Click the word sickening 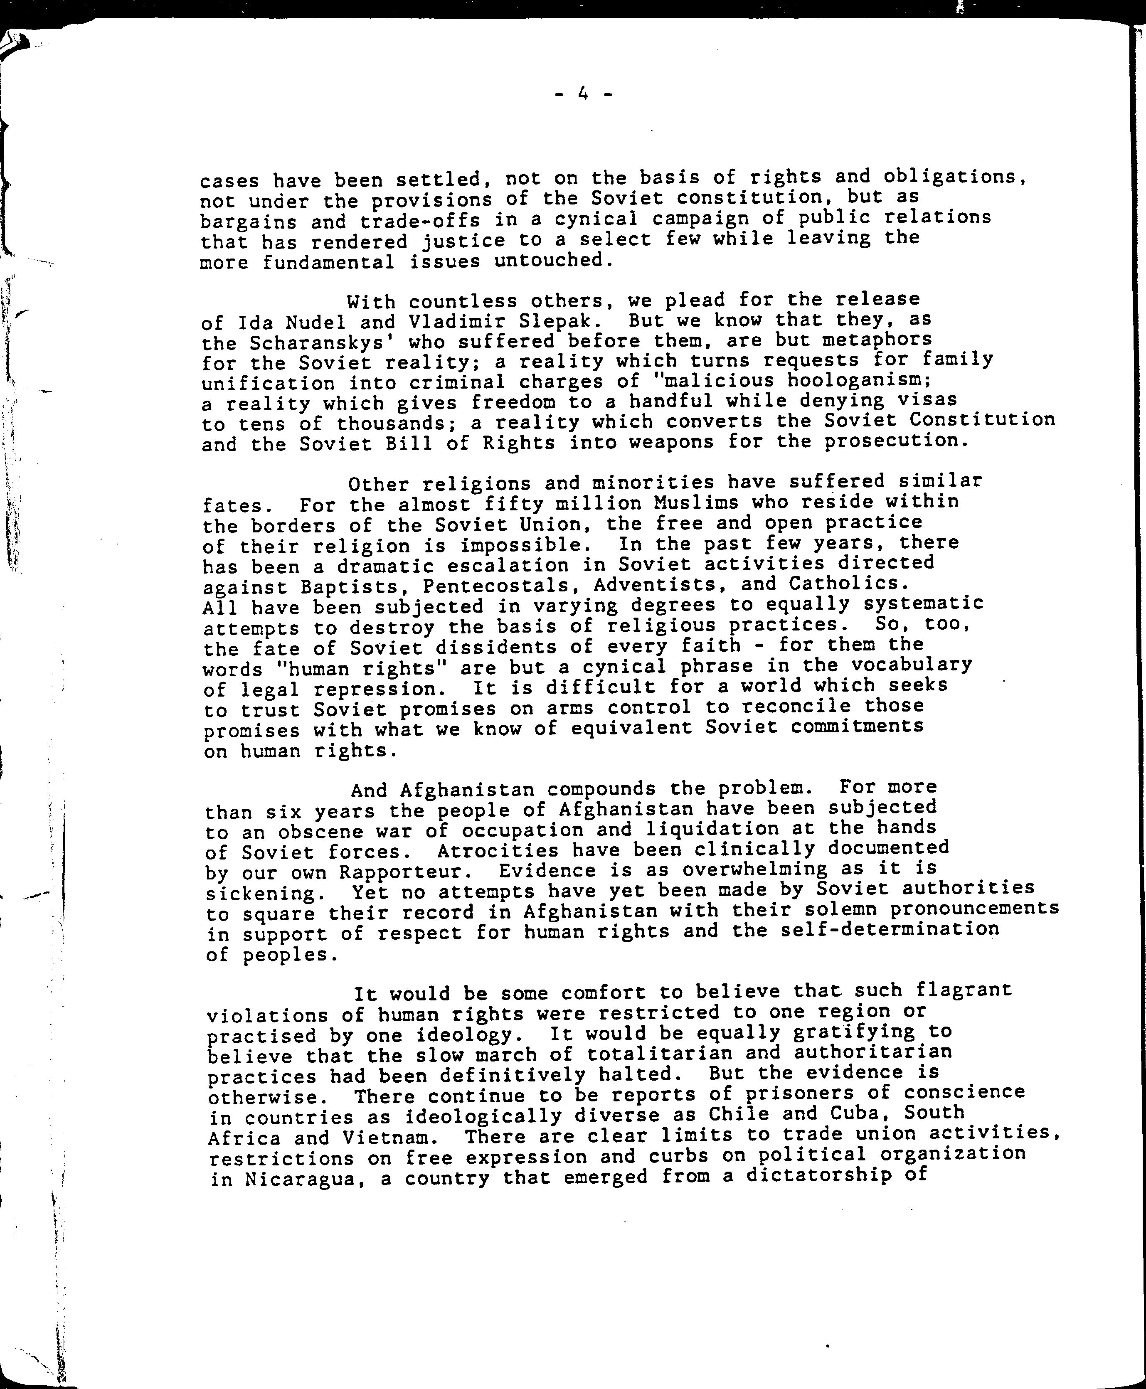261,894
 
